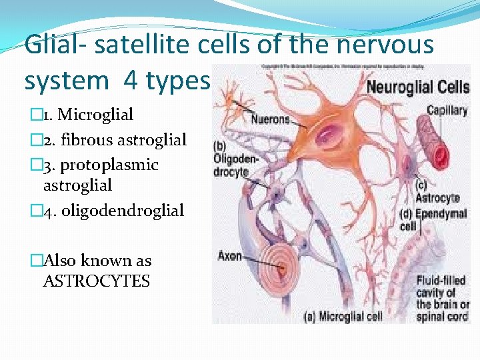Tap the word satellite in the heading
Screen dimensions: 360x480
(x=132, y=45)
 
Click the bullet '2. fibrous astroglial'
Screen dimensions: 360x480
(x=111, y=140)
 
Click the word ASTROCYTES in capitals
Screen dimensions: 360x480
(x=96, y=281)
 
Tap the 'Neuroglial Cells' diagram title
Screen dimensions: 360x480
(x=418, y=87)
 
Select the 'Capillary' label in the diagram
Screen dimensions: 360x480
(x=447, y=111)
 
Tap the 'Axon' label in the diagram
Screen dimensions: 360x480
(x=229, y=256)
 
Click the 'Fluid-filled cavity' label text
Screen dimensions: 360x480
(x=441, y=286)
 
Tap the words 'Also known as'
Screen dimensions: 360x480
(x=97, y=261)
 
